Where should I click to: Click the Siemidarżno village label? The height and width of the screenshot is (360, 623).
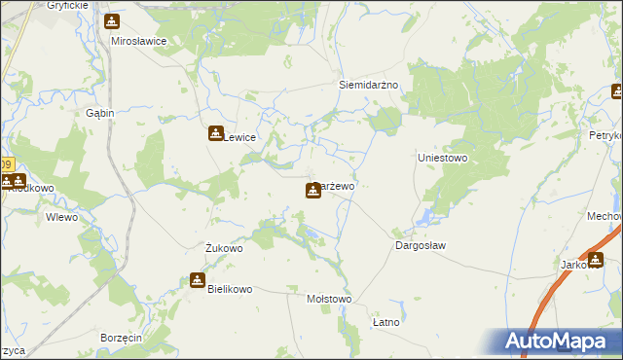coord(369,85)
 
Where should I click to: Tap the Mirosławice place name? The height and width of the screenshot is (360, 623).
coord(139,42)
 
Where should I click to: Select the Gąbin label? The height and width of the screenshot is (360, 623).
coord(100,113)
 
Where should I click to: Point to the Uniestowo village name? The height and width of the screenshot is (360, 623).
coord(443,158)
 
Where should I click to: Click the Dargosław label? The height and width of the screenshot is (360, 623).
coord(421,246)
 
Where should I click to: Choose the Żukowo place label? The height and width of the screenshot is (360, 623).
coord(224,248)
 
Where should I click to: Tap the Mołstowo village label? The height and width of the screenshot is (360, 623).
coord(328,299)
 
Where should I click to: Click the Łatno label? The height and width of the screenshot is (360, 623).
coord(386,321)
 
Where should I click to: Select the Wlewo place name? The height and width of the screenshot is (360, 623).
coord(61,217)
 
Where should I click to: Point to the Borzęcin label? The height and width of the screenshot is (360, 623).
coord(121,337)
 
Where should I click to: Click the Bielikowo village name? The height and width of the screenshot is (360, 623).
coord(230,289)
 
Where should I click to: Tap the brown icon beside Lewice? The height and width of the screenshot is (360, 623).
coord(215,134)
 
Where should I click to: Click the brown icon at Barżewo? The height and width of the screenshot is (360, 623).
coord(312,190)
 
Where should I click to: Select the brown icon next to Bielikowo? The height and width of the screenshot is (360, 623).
coord(198,281)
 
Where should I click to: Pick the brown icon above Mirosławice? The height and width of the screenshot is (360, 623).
coord(113,21)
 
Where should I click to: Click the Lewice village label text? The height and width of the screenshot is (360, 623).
coord(240,138)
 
